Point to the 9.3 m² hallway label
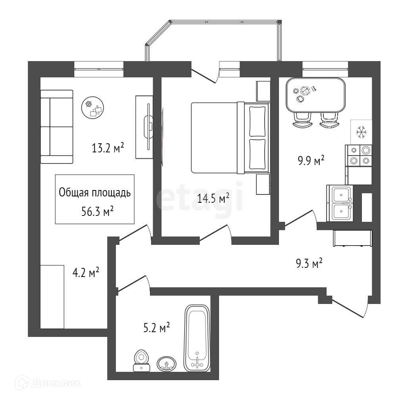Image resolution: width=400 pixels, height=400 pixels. point(309,263)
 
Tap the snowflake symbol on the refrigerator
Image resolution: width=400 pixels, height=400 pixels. point(361,132)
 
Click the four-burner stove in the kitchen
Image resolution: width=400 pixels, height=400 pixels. point(359,155)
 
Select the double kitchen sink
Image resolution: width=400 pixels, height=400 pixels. point(340,203)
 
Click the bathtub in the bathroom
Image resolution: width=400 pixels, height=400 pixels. point(197,338)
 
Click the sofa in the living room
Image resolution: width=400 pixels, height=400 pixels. point(57,127)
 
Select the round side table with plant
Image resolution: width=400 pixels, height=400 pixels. point(93,108)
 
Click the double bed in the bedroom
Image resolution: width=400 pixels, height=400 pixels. point(229,138)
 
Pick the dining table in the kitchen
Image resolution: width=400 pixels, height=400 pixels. point(315,95)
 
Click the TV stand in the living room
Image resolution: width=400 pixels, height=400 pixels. point(144,127)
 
